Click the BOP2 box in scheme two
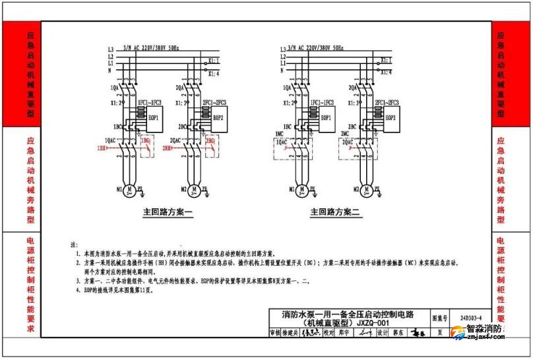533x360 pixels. click(390, 117)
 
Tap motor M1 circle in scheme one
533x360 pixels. click(130, 190)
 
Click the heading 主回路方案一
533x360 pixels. click(168, 213)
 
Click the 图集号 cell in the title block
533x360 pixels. click(439, 317)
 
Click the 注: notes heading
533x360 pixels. click(74, 245)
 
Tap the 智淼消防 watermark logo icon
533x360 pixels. click(456, 334)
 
